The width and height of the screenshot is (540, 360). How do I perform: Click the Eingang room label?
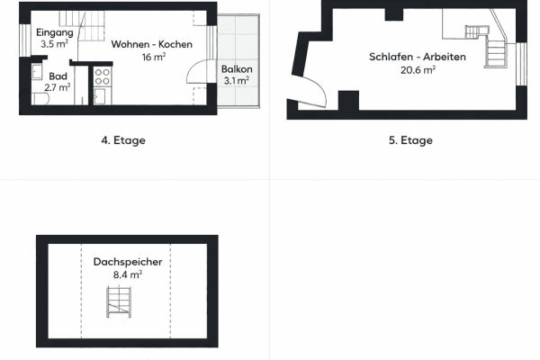54,32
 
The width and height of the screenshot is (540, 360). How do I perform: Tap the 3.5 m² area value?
54,42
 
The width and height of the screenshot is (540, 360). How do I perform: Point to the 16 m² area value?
151,56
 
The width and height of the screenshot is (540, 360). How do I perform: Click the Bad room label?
58,76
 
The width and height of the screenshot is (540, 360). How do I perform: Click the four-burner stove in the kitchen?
102,75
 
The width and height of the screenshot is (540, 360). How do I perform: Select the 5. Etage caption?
411,139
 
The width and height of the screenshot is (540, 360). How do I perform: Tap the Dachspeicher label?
127,262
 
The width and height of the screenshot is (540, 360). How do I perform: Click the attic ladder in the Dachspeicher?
120,303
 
